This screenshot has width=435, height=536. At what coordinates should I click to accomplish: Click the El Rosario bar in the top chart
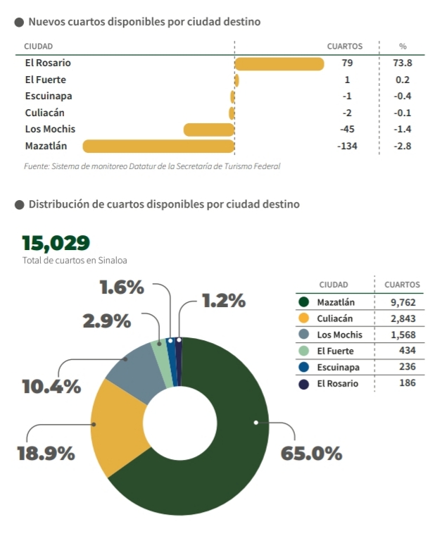(x=279, y=64)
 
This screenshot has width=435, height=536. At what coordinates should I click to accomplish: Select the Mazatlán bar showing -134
(x=158, y=147)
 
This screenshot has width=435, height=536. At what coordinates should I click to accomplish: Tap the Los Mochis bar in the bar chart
(x=208, y=130)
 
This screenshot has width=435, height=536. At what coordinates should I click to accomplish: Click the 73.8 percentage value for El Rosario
(x=403, y=63)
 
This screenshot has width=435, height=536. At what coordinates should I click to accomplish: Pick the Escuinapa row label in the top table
(x=48, y=96)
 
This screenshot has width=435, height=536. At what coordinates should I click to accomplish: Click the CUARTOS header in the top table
(x=345, y=46)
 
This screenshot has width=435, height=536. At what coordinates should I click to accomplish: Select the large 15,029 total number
(x=56, y=243)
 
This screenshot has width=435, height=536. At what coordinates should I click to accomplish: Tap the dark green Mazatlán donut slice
(x=232, y=451)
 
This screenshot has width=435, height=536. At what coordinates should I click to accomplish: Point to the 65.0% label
(x=311, y=453)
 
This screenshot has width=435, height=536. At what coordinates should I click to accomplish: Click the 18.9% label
(x=46, y=453)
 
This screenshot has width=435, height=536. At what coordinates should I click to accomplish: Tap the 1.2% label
(x=223, y=301)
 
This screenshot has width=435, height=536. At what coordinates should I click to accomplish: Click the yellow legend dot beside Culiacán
(x=304, y=318)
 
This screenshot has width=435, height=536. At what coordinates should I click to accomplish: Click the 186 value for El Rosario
(x=406, y=383)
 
